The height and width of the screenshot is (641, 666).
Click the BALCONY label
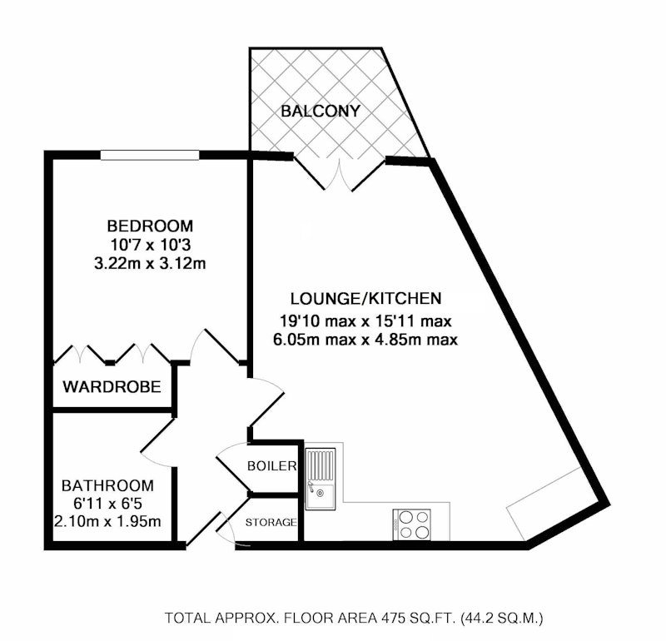point(321,112)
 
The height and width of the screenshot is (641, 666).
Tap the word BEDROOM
point(150,226)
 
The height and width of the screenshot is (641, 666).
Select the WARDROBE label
point(112,387)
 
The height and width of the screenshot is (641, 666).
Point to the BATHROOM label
point(107,485)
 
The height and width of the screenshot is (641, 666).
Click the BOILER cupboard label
point(272,466)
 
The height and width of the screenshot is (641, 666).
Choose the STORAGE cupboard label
point(271,523)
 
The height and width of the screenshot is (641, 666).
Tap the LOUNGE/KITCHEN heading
point(365,299)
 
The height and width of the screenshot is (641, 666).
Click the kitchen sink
point(321,480)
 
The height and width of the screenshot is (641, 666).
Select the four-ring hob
point(411,524)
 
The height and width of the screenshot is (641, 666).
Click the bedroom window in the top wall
point(150,155)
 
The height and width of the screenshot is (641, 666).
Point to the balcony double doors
point(340,174)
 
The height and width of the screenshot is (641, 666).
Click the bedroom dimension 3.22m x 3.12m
point(150,264)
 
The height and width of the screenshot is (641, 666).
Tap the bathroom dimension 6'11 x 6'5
point(107,504)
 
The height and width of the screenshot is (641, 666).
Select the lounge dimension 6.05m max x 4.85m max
point(365,340)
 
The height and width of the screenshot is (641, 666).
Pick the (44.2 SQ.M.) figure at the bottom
point(502,618)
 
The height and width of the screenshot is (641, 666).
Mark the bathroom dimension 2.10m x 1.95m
point(107,521)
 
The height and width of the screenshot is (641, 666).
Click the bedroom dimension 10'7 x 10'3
point(150,245)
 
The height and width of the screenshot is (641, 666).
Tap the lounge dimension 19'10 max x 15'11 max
point(365,321)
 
